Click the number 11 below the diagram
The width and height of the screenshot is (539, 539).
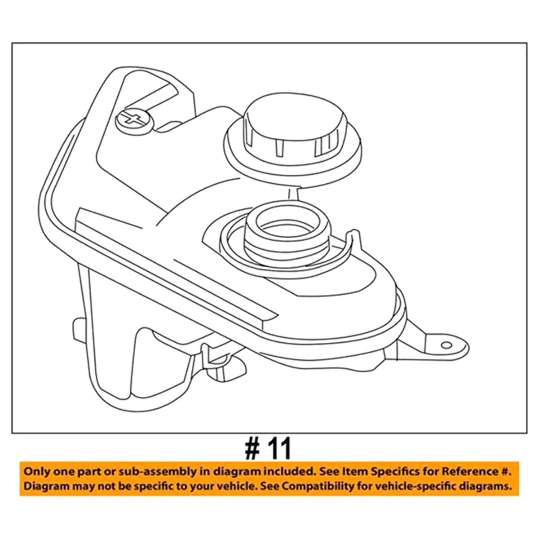[280, 448]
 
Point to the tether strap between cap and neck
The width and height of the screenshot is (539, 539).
[292, 194]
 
